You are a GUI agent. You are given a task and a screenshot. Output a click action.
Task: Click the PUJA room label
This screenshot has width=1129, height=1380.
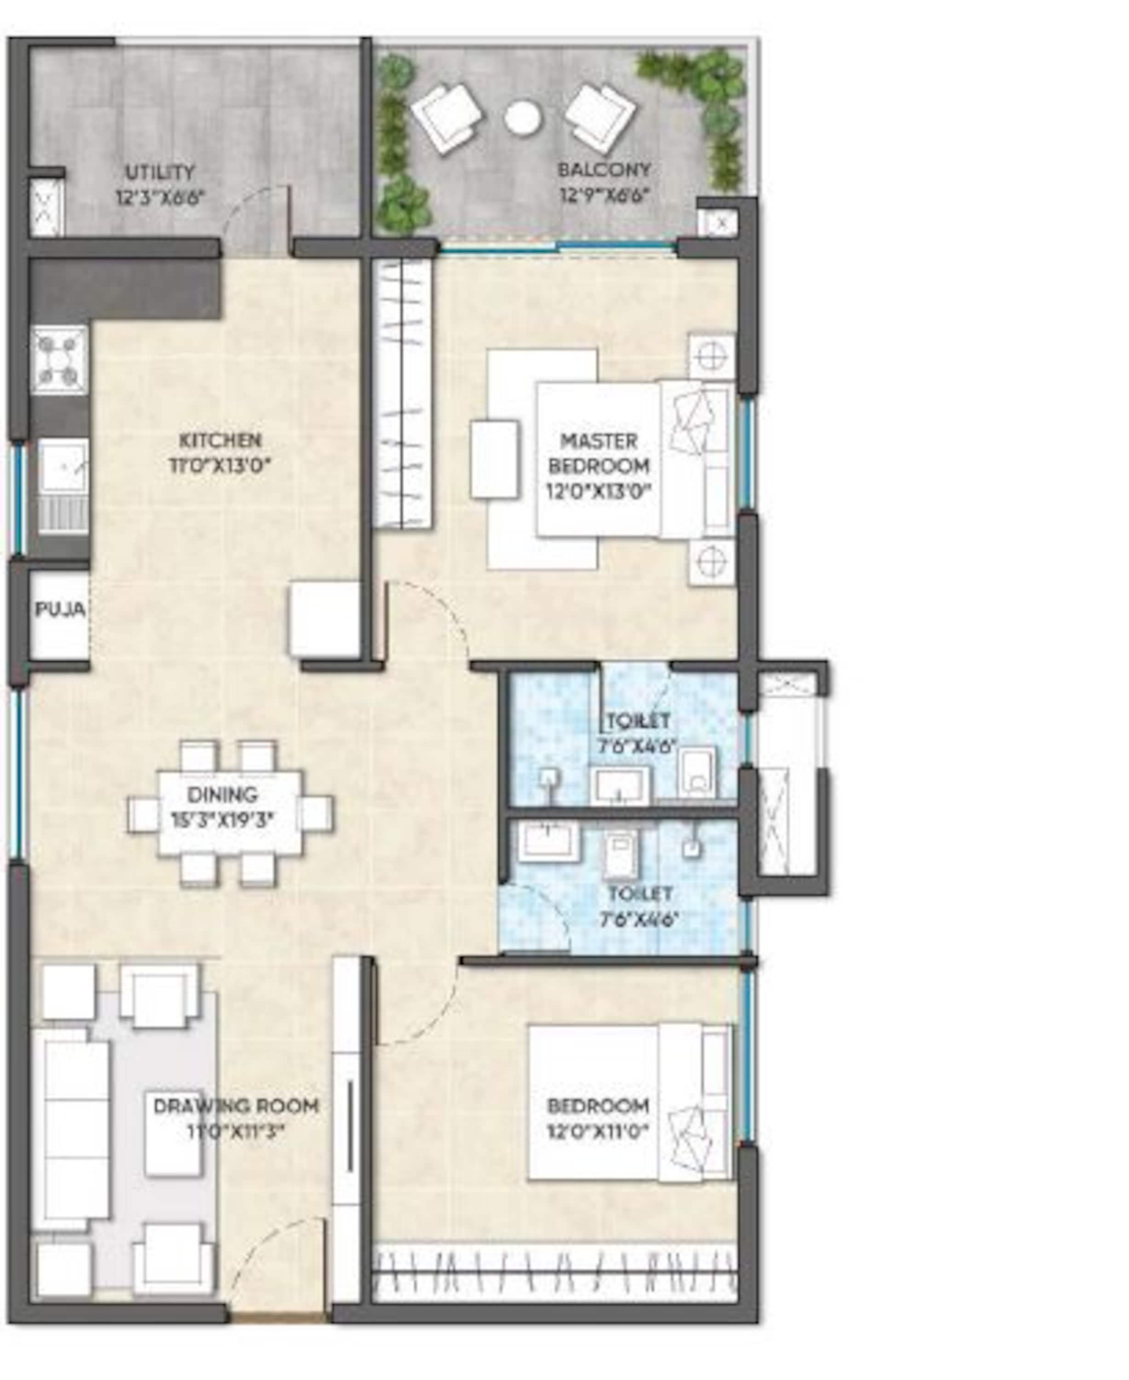[60, 609]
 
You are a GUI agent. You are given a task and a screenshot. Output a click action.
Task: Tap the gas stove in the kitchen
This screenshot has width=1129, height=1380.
[60, 360]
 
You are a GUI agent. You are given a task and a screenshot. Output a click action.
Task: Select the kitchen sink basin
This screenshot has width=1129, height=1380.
[63, 466]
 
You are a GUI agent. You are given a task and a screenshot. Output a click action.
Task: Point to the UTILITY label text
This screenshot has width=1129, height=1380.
[160, 172]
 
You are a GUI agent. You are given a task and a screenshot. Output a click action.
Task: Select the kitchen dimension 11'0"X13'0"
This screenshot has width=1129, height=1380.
[220, 466]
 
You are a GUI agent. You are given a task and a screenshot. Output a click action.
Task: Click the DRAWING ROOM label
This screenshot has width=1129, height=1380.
[236, 1105]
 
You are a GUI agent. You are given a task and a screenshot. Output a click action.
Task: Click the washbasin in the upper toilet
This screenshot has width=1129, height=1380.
[620, 786]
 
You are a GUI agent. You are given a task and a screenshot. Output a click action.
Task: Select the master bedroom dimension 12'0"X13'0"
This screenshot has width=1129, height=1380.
[599, 491]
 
